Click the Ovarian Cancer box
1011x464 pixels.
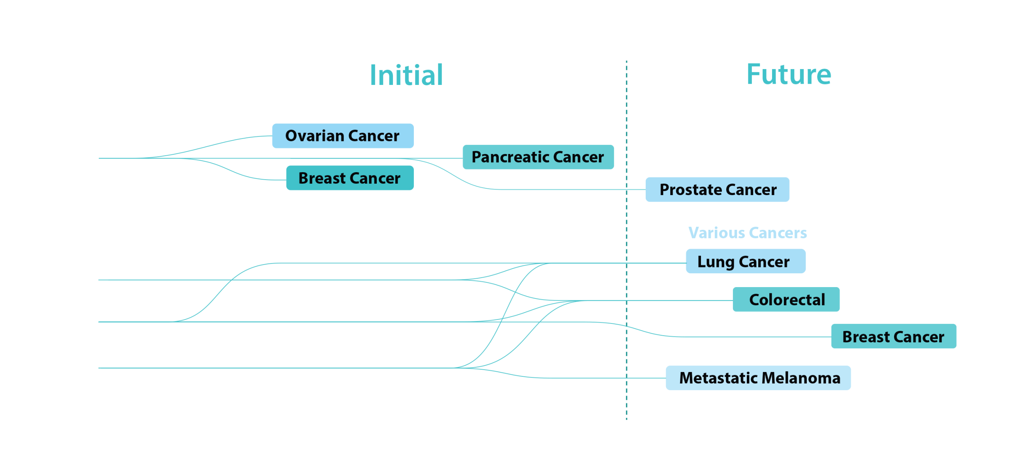[343, 136]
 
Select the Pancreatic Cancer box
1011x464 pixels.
[538, 157]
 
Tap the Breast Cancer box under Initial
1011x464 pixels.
[350, 178]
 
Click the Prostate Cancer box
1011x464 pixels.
[718, 190]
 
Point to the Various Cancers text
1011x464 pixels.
[748, 233]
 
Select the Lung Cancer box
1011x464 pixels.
[746, 261]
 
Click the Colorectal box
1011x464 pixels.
[786, 300]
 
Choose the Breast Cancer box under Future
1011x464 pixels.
[893, 336]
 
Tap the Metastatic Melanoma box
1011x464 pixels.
[758, 378]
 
